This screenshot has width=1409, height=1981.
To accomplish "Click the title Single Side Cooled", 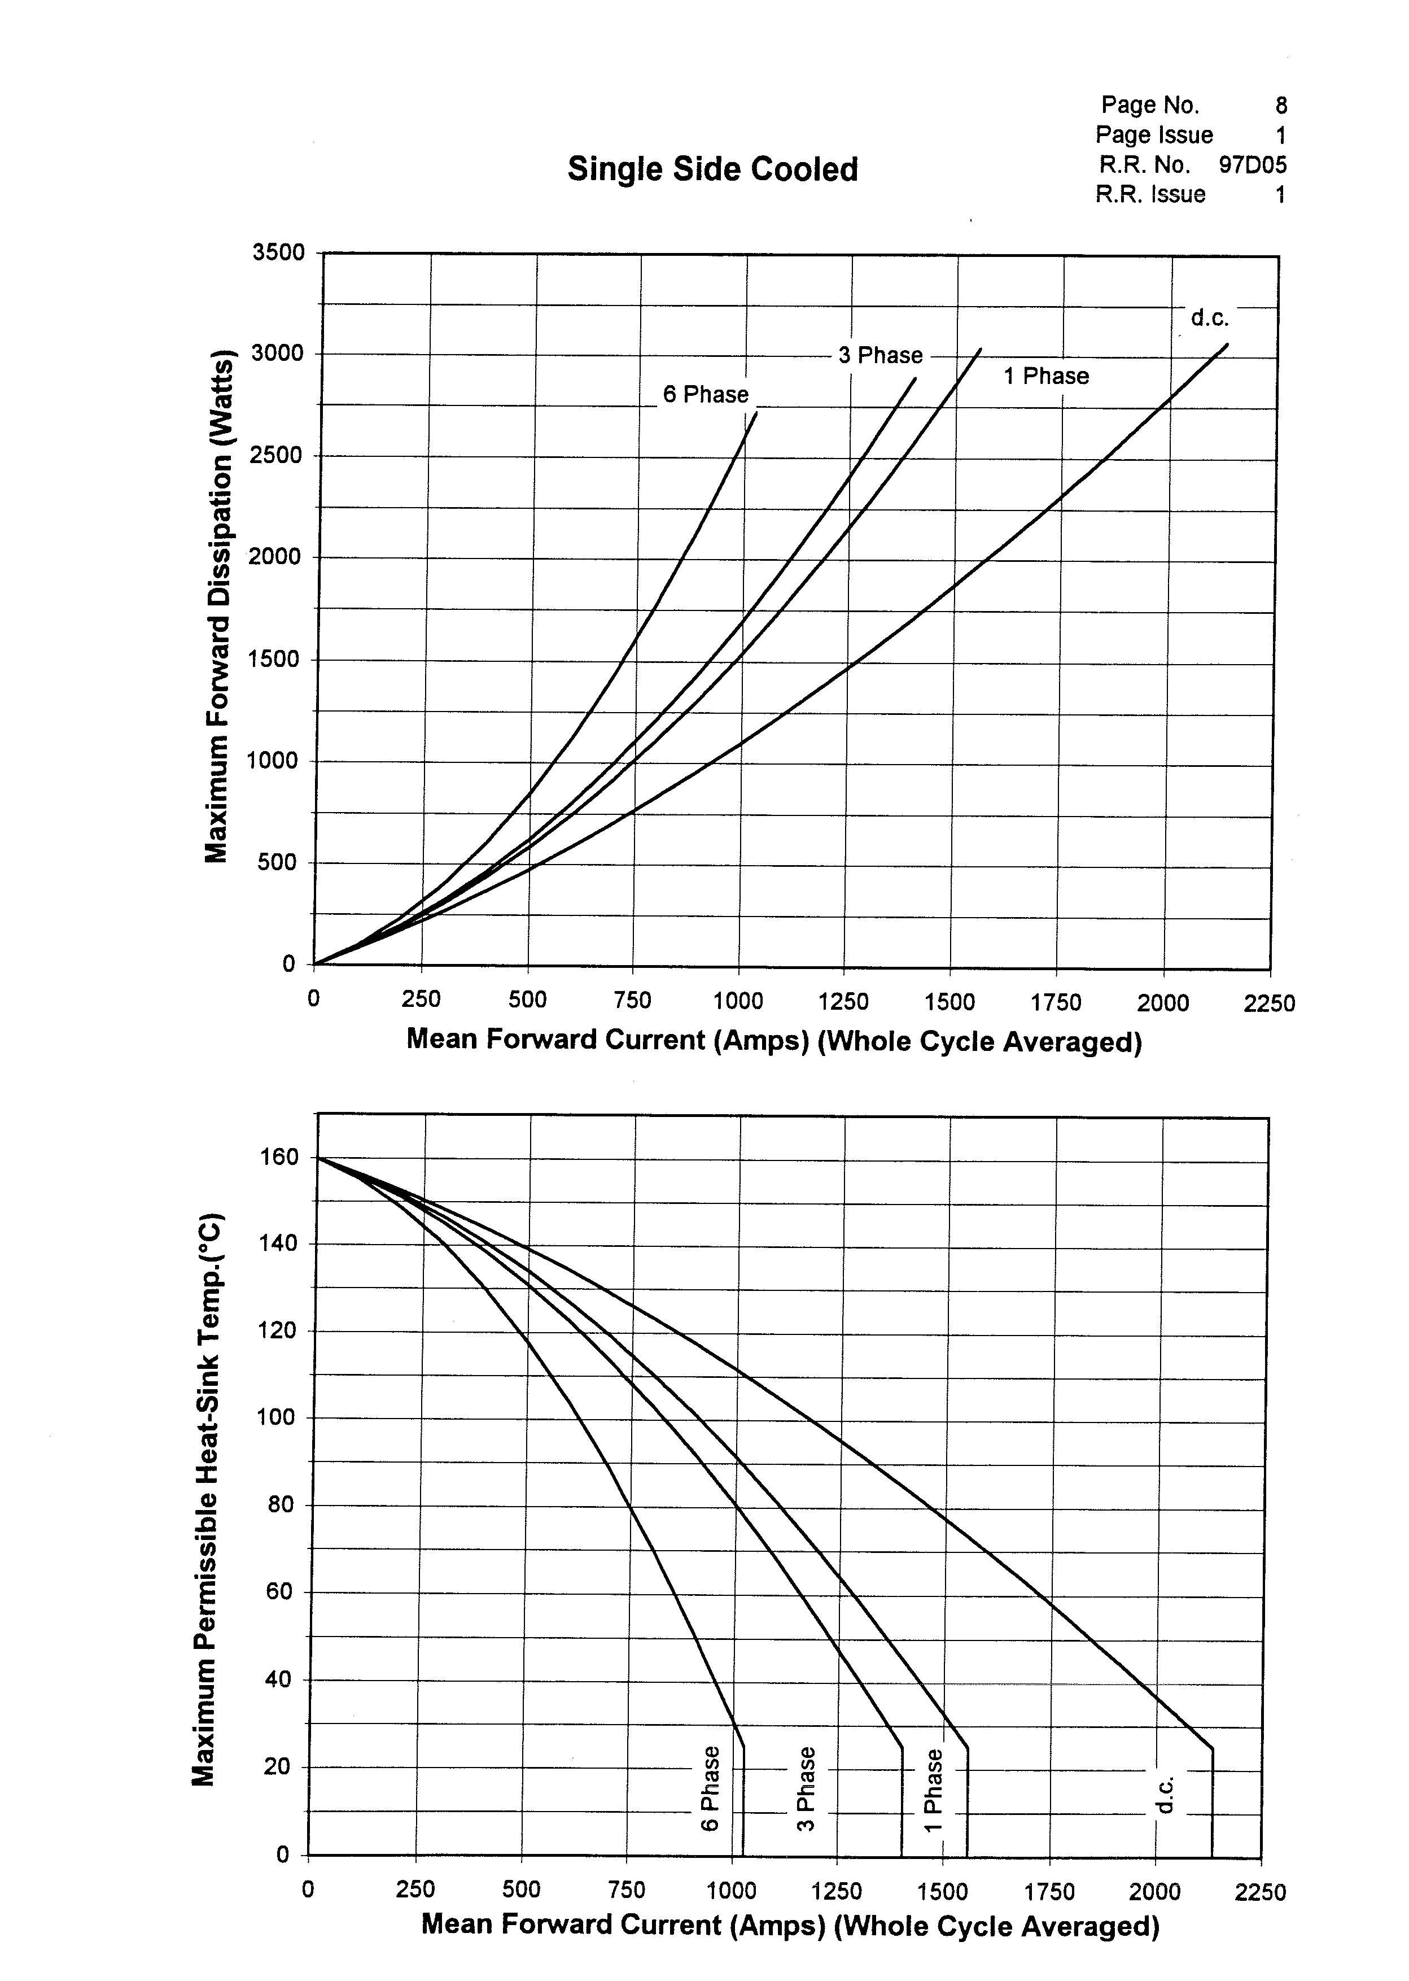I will point(712,169).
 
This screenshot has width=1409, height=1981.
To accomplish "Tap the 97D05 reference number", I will point(1252,165).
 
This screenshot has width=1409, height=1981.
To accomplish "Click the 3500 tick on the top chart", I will point(278,252).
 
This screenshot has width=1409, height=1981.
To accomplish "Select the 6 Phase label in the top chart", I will point(706,395).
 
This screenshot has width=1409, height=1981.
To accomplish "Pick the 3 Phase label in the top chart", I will point(879,356).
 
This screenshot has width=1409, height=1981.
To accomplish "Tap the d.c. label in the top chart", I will point(1210,318).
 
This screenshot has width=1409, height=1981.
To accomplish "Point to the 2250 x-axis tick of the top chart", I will point(1268,1004).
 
